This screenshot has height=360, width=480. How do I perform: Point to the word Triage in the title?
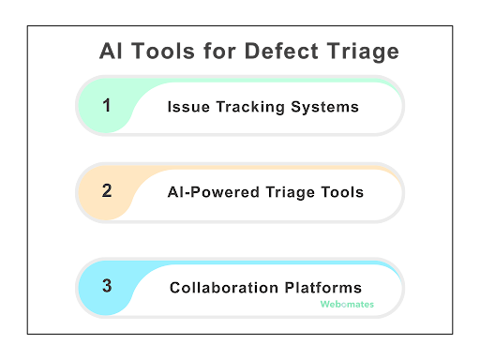(x=363, y=51)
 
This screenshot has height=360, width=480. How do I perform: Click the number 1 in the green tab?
(x=107, y=105)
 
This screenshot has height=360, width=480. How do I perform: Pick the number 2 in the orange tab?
(x=107, y=191)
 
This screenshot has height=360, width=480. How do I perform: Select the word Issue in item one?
(x=186, y=107)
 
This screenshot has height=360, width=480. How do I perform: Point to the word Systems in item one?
(x=325, y=107)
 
